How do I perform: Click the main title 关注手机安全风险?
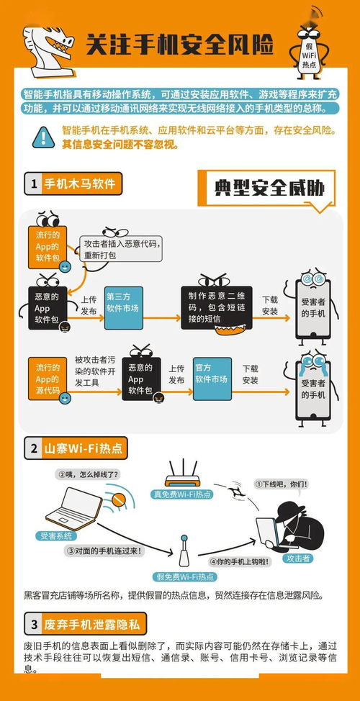pos(180,45)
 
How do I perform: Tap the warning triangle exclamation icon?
pos(44,135)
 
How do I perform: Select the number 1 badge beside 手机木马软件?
pos(33,184)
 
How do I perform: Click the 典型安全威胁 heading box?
pos(269,188)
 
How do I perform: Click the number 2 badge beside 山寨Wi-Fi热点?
pos(33,448)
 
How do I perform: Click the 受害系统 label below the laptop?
pos(54,535)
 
